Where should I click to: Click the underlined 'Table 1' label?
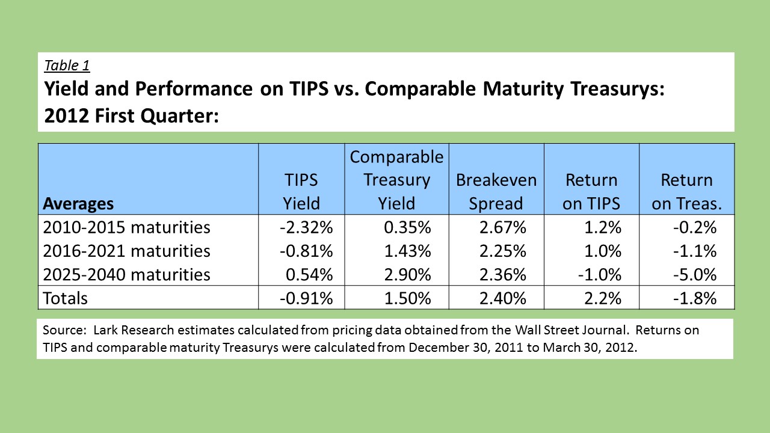67,66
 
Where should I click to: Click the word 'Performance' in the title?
194,89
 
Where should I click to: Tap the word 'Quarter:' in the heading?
180,116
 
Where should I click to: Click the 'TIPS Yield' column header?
301,191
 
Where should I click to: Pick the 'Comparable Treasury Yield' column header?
396,180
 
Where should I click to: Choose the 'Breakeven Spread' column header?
496,191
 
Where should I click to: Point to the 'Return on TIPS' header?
591,191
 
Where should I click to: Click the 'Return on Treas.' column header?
687,191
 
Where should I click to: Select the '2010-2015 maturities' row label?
126,227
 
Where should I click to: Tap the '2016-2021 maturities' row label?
126,251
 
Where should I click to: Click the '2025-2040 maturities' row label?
126,275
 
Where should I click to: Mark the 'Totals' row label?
66,298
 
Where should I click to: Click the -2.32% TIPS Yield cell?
306,227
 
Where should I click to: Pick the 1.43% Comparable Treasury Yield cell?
408,251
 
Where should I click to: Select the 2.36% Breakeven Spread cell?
503,275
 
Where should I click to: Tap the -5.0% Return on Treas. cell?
695,275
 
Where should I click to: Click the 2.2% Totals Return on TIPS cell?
603,298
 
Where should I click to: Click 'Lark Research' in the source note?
134,330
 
